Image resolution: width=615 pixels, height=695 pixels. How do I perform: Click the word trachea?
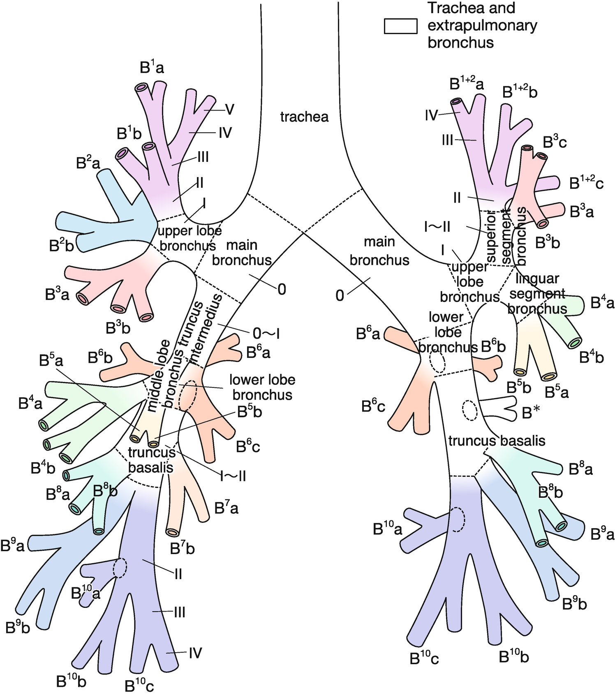click(x=304, y=117)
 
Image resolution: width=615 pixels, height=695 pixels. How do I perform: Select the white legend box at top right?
click(x=400, y=26)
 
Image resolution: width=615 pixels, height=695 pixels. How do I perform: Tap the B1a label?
click(x=152, y=67)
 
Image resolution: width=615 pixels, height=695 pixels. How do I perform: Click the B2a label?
click(x=88, y=163)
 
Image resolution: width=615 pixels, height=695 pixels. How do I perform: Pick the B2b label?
click(x=61, y=245)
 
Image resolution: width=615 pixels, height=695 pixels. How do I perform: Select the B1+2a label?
click(x=466, y=84)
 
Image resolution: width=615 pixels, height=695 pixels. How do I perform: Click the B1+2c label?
click(x=586, y=183)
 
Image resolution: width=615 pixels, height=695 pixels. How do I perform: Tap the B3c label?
click(x=555, y=142)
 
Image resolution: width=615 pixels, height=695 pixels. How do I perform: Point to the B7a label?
click(x=226, y=508)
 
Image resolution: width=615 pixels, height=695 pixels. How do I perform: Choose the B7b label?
click(x=182, y=548)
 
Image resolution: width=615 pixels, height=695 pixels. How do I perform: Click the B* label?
click(x=531, y=412)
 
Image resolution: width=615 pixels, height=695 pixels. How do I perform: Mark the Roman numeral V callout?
click(x=229, y=109)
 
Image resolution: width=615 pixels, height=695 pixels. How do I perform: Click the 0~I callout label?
click(x=266, y=334)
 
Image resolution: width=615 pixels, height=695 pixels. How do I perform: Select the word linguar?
click(x=537, y=278)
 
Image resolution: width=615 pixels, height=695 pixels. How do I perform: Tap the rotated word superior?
click(x=492, y=238)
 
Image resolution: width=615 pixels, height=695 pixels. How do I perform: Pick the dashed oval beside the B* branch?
click(x=469, y=410)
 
